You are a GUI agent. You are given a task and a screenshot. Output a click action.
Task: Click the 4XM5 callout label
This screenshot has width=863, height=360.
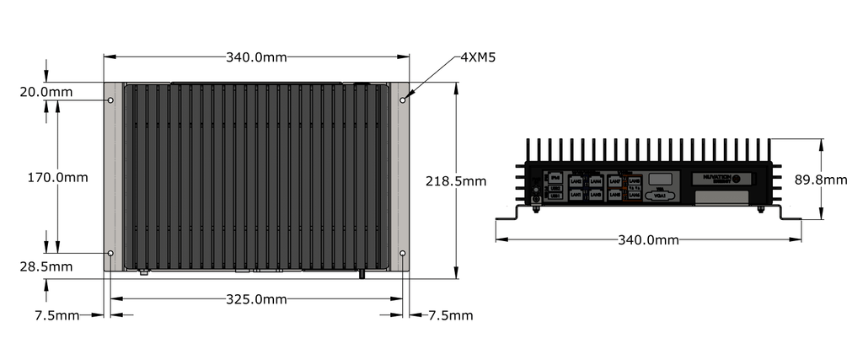click(477, 57)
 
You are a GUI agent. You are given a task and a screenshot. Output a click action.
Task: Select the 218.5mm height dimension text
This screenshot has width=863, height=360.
click(456, 180)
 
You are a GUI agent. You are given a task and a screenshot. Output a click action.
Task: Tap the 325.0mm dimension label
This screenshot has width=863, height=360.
click(256, 299)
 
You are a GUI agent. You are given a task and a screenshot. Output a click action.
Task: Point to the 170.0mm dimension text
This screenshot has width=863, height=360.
click(57, 178)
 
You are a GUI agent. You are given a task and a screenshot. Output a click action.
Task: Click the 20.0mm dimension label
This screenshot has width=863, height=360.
click(46, 91)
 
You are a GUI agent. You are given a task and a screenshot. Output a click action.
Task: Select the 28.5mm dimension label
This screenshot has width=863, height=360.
click(46, 266)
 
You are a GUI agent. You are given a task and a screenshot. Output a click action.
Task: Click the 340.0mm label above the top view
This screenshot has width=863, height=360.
click(256, 57)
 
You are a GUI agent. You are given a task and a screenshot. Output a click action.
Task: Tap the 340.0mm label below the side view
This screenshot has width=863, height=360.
click(649, 240)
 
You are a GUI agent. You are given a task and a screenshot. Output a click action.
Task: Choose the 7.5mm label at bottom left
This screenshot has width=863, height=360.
click(57, 315)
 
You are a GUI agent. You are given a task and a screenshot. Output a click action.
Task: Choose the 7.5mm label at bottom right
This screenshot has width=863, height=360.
click(450, 315)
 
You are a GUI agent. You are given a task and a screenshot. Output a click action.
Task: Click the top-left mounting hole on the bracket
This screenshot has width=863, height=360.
click(110, 100)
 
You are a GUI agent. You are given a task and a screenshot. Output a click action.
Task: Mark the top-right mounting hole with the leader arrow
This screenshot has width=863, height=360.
click(403, 100)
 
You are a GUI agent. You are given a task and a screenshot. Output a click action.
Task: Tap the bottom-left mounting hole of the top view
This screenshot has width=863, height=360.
click(110, 253)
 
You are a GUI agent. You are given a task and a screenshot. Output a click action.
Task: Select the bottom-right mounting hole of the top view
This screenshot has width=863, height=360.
click(403, 253)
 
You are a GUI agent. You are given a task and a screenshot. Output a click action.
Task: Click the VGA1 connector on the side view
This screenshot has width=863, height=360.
click(661, 196)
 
